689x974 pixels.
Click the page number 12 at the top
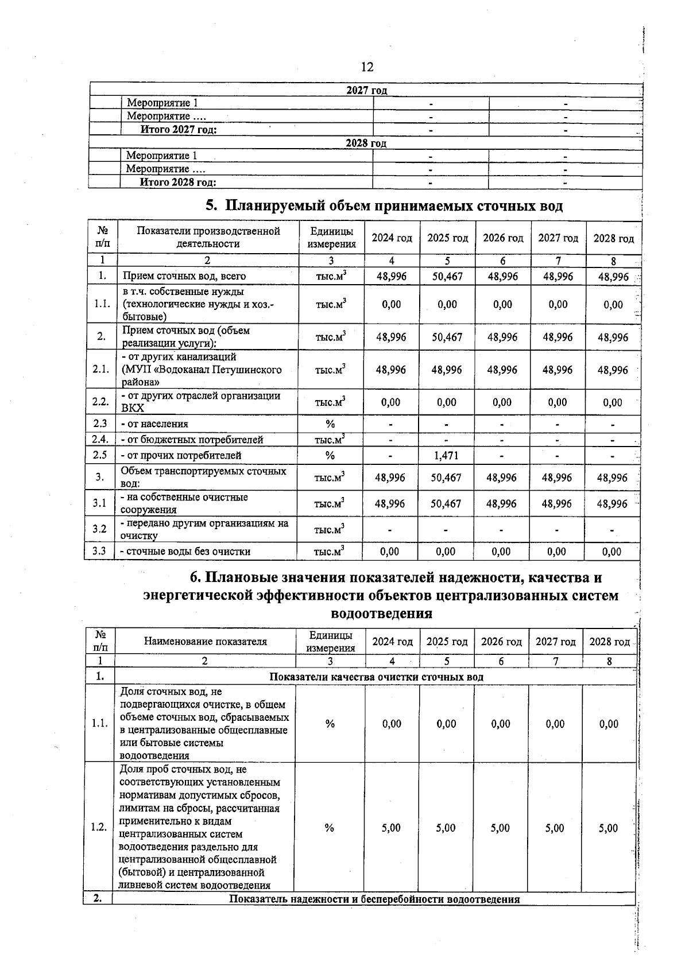pos(367,67)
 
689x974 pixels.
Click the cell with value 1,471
pos(446,456)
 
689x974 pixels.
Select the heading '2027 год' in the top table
pos(367,90)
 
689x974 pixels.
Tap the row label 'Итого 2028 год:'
pos(178,183)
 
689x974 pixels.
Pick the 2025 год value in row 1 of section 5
pos(447,276)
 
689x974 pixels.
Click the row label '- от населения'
pos(154,424)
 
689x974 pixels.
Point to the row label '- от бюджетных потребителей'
pos(192,440)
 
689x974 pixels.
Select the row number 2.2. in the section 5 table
pos(100,402)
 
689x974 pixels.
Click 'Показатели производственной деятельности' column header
pos(208,237)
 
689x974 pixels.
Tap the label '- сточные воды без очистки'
pos(185,552)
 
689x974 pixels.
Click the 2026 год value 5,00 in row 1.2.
pos(500,828)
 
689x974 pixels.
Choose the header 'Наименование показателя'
pos(205,642)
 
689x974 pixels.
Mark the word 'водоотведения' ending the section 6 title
pos(382,614)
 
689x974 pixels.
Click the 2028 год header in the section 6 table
pos(609,642)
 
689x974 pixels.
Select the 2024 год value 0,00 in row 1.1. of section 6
pos(392,724)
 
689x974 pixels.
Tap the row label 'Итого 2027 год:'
pos(179,130)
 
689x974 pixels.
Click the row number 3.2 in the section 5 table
pos(99,529)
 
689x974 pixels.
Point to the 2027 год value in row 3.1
pos(556,503)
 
